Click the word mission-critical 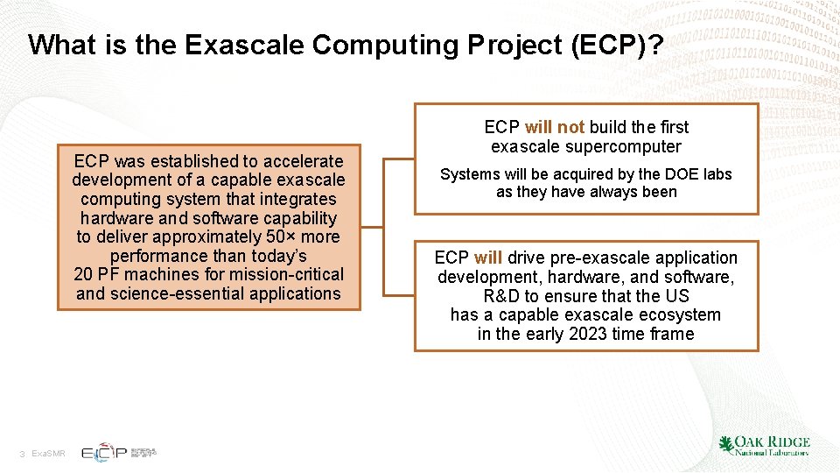click(x=287, y=275)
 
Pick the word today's click(x=274, y=257)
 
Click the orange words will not click(x=555, y=127)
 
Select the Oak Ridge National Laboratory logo click(x=763, y=445)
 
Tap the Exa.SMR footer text click(x=48, y=454)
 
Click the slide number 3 click(x=23, y=454)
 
